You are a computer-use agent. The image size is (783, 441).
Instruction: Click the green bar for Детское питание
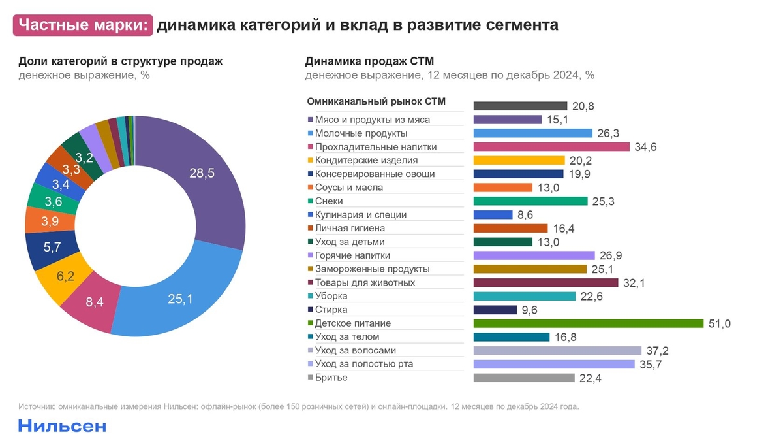coord(588,323)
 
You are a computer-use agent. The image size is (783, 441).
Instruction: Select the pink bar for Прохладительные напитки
coord(551,147)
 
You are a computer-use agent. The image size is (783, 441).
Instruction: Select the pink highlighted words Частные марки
coord(83,25)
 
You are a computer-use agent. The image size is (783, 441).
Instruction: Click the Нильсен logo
coord(62,426)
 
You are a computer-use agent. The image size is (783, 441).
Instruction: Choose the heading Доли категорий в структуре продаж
coord(121,62)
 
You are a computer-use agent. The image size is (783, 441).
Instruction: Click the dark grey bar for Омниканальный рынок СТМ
coord(520,106)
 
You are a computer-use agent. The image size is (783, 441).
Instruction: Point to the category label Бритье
coord(331,378)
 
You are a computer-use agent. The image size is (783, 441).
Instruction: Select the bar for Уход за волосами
coord(557,351)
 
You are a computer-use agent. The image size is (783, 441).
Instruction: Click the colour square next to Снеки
coord(310,202)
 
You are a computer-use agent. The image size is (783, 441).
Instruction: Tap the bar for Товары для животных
coord(545,283)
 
